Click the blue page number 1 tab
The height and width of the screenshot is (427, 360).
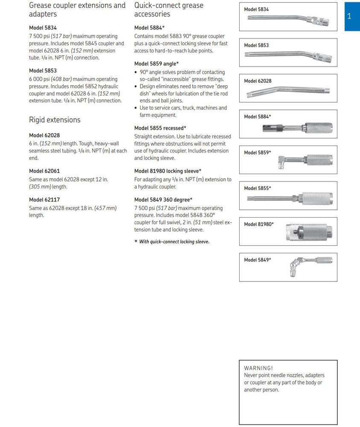349,17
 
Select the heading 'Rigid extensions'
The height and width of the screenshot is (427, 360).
55,120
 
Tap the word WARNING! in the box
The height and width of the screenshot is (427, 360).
258,368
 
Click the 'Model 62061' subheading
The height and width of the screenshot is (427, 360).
44,171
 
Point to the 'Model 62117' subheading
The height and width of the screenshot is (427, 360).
44,200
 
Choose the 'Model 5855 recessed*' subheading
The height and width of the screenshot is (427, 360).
160,128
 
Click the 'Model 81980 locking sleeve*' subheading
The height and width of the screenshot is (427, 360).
168,171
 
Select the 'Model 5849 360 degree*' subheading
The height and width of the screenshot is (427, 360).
163,200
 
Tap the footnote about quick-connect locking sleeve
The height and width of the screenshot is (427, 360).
172,242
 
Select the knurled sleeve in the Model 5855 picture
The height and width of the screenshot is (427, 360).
316,198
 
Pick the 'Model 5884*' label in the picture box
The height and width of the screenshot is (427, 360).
258,116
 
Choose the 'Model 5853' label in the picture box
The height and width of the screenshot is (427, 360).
256,45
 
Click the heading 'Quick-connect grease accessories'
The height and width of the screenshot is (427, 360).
169,10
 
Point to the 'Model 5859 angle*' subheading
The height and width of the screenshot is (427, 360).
156,64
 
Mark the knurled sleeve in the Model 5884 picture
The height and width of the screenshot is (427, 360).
318,127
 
